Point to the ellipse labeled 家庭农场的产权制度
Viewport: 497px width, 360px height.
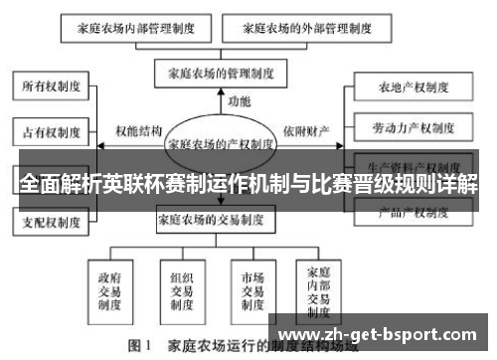pos(221,143)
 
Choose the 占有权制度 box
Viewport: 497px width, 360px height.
pos(49,130)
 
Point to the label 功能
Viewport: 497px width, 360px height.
pos(239,101)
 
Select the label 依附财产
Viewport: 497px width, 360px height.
pos(306,129)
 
